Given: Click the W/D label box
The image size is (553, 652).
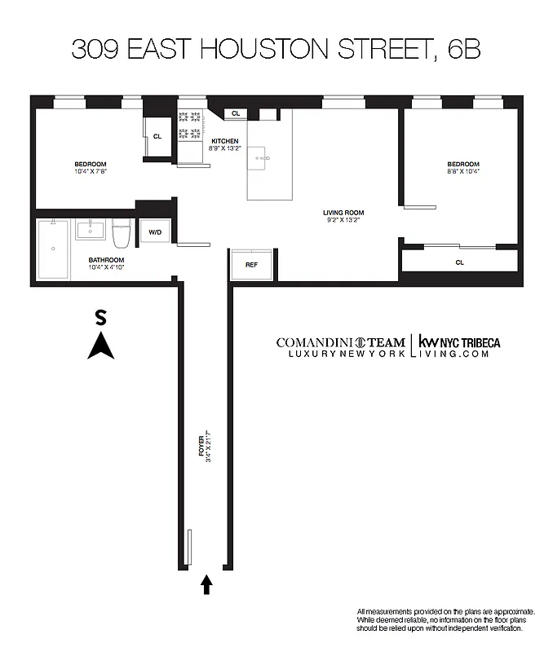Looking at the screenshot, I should pyautogui.click(x=154, y=232).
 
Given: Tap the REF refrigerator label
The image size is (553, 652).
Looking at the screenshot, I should pyautogui.click(x=251, y=264).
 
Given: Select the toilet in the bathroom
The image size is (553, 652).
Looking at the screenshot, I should pyautogui.click(x=122, y=236).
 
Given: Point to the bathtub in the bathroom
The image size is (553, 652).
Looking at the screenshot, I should pyautogui.click(x=53, y=249).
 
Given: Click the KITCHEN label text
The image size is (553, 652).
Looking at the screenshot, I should pyautogui.click(x=225, y=140).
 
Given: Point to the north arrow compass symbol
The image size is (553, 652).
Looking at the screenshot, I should pyautogui.click(x=100, y=348).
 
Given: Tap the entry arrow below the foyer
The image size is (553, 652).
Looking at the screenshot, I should pyautogui.click(x=206, y=584).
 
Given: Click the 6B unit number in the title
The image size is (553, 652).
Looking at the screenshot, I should pyautogui.click(x=462, y=50).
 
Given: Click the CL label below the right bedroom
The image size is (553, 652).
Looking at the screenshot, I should pyautogui.click(x=460, y=262).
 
